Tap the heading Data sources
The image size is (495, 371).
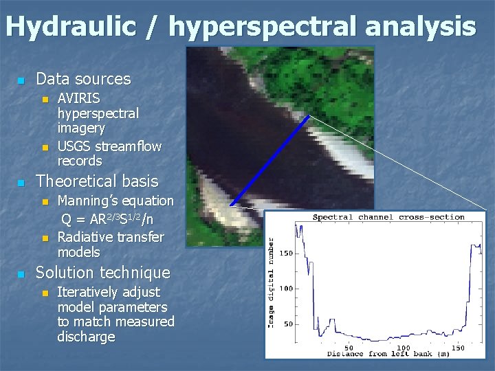(x=82, y=79)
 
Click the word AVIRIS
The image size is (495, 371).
(x=78, y=98)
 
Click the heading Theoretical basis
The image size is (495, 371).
(x=96, y=181)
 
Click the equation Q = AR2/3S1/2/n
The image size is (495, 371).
(x=107, y=219)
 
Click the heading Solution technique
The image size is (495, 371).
(x=102, y=272)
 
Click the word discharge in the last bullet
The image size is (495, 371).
(x=86, y=337)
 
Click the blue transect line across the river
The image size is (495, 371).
(x=269, y=161)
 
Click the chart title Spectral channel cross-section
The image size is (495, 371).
(x=388, y=217)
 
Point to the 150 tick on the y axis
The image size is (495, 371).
(x=285, y=254)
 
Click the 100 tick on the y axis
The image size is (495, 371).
(x=285, y=289)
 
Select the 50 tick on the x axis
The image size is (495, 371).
(x=349, y=348)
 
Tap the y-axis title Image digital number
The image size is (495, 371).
(x=272, y=282)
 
